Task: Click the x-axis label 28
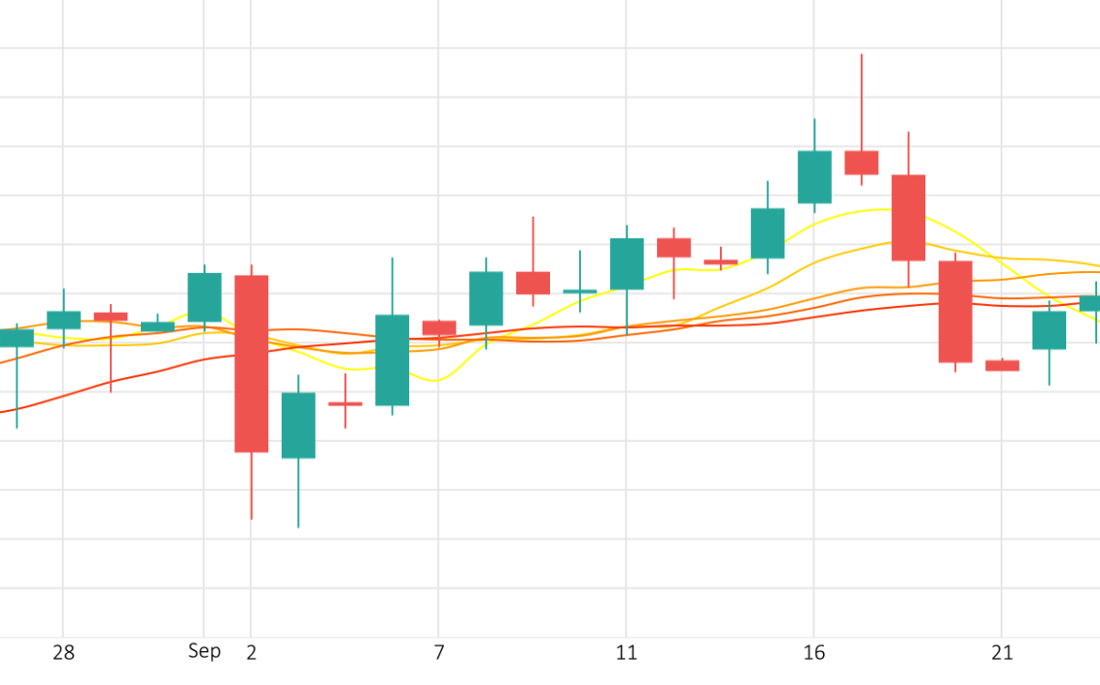(64, 653)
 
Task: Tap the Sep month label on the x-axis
(205, 651)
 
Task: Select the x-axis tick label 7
(439, 653)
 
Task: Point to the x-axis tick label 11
(626, 653)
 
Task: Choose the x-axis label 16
(814, 653)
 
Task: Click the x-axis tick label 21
(1003, 653)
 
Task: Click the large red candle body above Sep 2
(252, 364)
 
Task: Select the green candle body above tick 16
(814, 177)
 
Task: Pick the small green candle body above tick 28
(64, 319)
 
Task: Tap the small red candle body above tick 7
(439, 328)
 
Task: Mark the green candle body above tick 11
(626, 263)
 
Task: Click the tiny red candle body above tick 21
(1003, 366)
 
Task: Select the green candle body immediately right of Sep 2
(298, 425)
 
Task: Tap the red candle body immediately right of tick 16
(862, 162)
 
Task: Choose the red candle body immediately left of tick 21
(955, 312)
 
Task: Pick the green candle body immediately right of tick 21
(1049, 330)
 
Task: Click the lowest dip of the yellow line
(436, 380)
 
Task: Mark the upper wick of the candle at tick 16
(814, 134)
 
